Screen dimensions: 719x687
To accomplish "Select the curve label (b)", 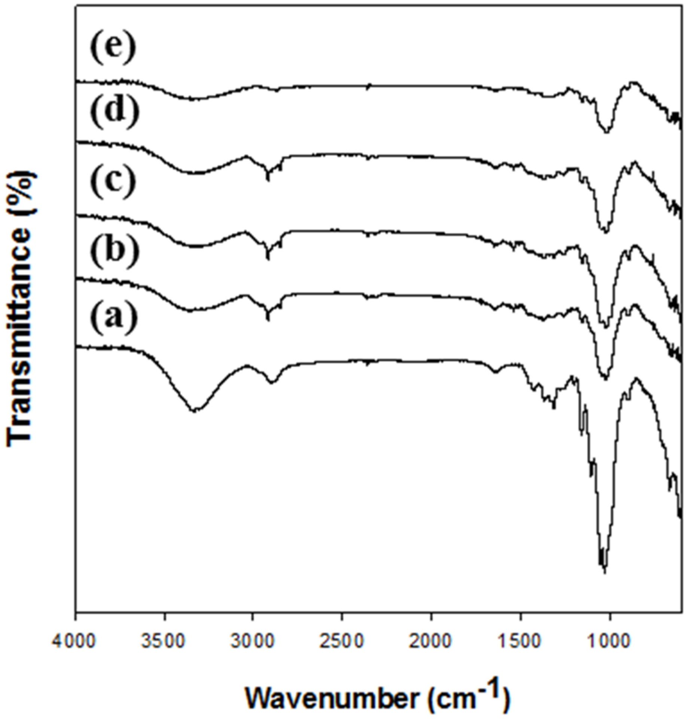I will (114, 249).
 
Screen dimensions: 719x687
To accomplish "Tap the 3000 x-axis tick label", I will (253, 641).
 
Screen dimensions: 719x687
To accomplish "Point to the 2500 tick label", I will (342, 641).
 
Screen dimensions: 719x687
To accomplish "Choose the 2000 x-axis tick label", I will (431, 641).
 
